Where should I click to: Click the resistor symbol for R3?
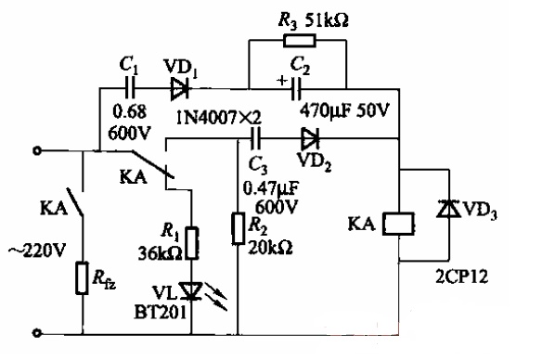click(300, 41)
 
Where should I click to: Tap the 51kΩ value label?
click(327, 20)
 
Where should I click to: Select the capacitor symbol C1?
click(131, 89)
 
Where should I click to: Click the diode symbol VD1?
click(180, 89)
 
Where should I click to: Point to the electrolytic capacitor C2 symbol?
click(296, 89)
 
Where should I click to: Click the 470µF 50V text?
click(344, 110)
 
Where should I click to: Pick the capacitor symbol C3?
click(256, 138)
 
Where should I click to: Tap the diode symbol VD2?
click(310, 138)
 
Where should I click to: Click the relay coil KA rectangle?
click(398, 224)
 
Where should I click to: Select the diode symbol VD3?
click(449, 209)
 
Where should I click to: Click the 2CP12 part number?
click(462, 276)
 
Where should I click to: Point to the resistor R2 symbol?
click(238, 229)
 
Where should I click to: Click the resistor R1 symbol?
click(192, 243)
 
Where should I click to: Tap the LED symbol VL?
click(191, 291)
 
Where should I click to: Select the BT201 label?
click(160, 313)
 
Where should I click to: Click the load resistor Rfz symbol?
click(82, 278)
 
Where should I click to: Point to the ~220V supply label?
click(37, 251)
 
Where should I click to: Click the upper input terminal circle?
click(36, 150)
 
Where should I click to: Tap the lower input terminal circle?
click(36, 333)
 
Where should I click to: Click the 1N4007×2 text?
click(219, 118)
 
